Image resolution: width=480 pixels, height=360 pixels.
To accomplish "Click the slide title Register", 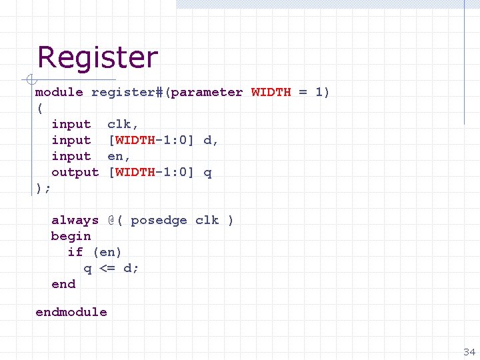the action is tap(97, 57).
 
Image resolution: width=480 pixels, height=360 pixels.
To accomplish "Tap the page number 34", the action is tap(469, 351).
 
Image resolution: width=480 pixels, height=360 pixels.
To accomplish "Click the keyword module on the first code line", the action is tap(59, 92).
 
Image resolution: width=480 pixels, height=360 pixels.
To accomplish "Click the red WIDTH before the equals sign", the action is tap(271, 92).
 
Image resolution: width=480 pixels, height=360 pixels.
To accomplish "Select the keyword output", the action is tap(75, 172).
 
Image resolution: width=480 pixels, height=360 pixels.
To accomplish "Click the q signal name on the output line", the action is tap(207, 172).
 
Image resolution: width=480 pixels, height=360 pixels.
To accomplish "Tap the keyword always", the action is tap(75, 220).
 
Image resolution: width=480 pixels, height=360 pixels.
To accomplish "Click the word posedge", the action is tap(159, 220).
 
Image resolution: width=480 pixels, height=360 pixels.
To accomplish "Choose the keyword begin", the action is tap(71, 236).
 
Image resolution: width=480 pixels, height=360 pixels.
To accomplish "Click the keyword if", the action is tap(75, 252).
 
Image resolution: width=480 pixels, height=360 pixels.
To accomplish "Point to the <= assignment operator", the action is tap(107, 268).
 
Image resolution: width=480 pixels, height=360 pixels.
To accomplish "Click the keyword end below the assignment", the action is tap(63, 284).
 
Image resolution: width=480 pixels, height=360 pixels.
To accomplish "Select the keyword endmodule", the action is tap(71, 312).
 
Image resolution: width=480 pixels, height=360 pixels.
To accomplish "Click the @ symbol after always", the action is tap(111, 220).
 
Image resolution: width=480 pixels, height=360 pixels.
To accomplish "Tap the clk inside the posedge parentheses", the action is tap(207, 220).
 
